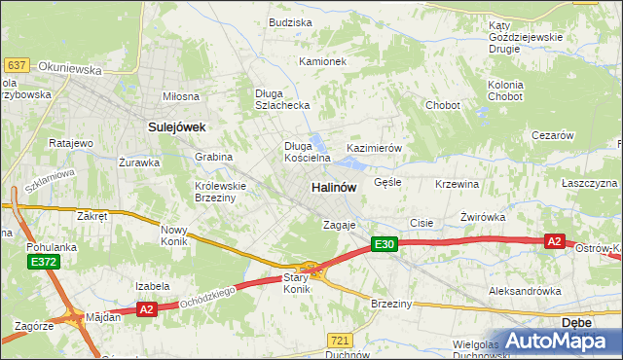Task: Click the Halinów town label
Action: tap(333, 186)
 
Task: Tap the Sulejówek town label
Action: tap(174, 126)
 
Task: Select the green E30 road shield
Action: tap(384, 244)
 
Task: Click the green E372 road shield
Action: tap(43, 262)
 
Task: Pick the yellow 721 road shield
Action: tap(339, 340)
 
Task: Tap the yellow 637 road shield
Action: tap(16, 64)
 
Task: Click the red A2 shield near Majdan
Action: tap(147, 309)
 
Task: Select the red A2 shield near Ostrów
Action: tap(554, 241)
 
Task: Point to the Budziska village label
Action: tap(290, 22)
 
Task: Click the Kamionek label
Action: tap(323, 61)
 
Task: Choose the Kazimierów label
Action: tap(375, 148)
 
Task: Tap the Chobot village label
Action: tap(442, 105)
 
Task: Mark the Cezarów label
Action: tap(552, 135)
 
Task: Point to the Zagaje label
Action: tap(340, 225)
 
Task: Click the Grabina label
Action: tap(213, 156)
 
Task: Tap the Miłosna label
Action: tap(180, 96)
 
